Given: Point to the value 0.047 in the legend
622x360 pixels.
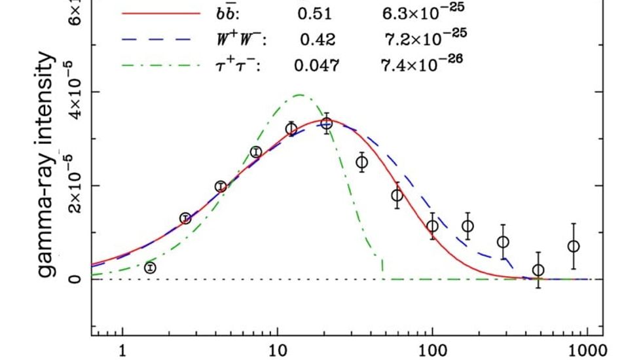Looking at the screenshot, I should pos(316,65).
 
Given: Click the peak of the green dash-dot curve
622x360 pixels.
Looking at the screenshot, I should pos(299,95).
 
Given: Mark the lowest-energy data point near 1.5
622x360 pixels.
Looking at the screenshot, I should pos(150,268).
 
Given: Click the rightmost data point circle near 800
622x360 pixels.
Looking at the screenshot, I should pos(574,246).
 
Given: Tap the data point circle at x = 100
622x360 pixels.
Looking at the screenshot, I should pos(432,226).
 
